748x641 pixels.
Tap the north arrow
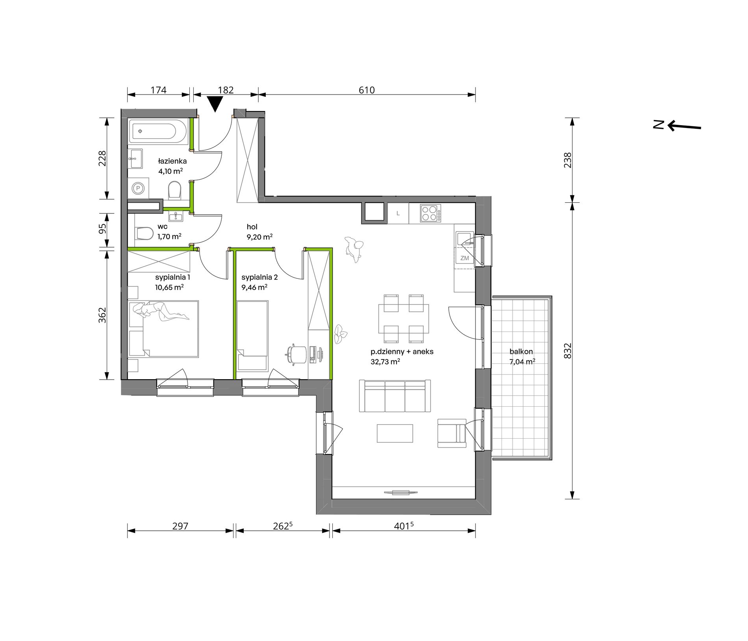pyautogui.click(x=684, y=126)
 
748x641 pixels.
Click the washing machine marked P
pyautogui.click(x=138, y=188)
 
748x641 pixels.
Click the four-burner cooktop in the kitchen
pyautogui.click(x=430, y=213)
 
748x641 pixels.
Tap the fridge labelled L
pyautogui.click(x=398, y=213)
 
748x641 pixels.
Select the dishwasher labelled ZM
pyautogui.click(x=465, y=258)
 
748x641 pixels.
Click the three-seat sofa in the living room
pyautogui.click(x=395, y=396)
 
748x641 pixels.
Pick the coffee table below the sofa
pyautogui.click(x=395, y=433)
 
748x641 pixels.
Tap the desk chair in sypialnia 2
pyautogui.click(x=295, y=354)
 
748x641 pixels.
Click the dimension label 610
pyautogui.click(x=367, y=90)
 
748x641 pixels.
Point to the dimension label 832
pyautogui.click(x=567, y=350)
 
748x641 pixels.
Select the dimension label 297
pyautogui.click(x=180, y=526)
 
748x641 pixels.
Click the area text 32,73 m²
pyautogui.click(x=385, y=362)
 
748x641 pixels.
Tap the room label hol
pyautogui.click(x=252, y=227)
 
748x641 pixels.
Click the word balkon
pyautogui.click(x=521, y=352)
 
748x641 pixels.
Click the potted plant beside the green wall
pyautogui.click(x=340, y=334)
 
